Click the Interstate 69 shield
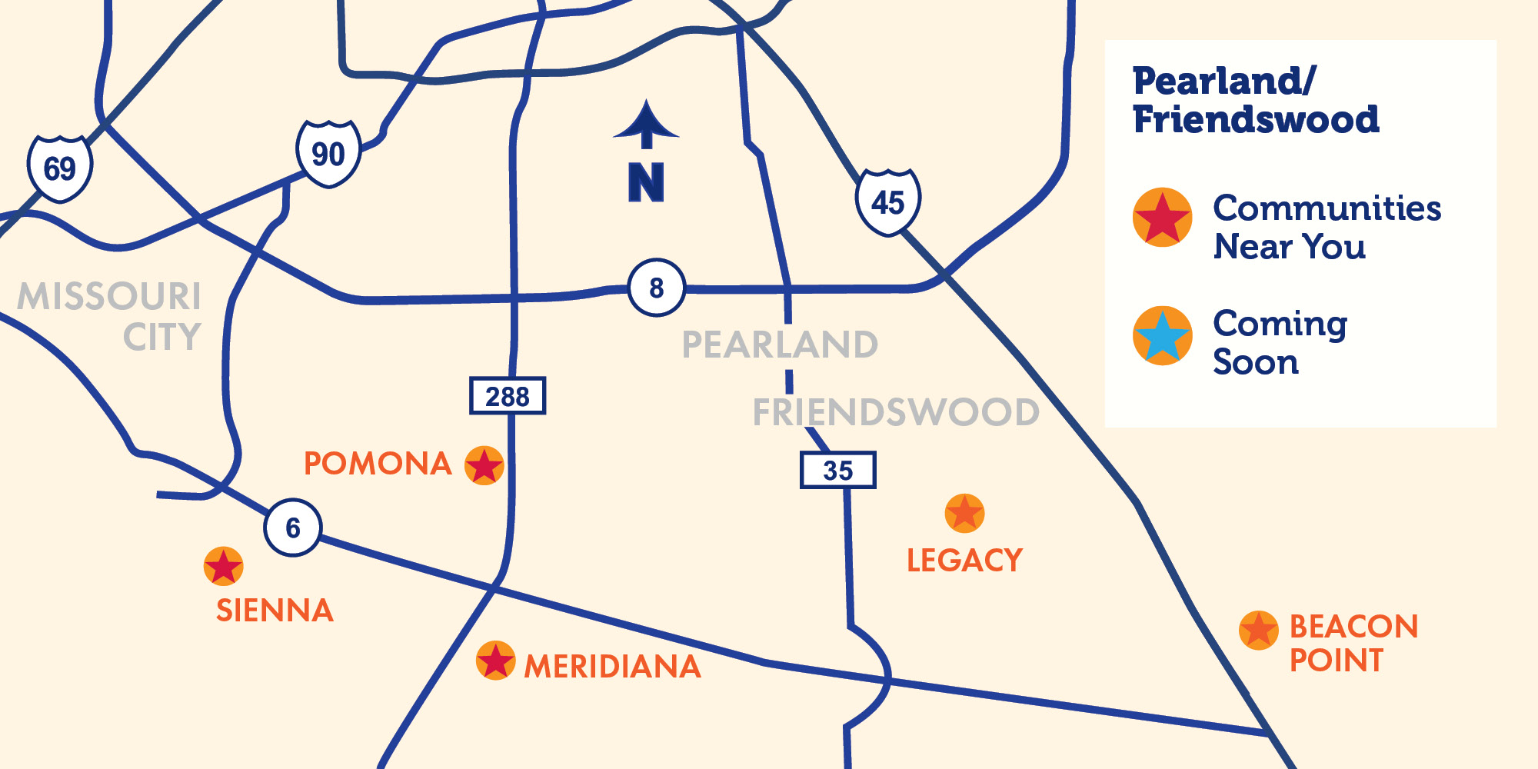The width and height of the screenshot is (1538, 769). pyautogui.click(x=60, y=168)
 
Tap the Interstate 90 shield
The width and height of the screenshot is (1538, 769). pyautogui.click(x=329, y=154)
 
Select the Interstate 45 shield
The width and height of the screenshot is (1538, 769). pyautogui.click(x=888, y=202)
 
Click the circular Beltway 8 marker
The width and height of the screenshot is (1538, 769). pyautogui.click(x=657, y=288)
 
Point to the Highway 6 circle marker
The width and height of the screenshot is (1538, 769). pyautogui.click(x=293, y=528)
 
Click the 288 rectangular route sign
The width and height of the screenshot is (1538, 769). pyautogui.click(x=508, y=396)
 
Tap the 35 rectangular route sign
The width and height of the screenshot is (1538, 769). pyautogui.click(x=838, y=470)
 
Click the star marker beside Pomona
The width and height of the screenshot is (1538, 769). pyautogui.click(x=484, y=465)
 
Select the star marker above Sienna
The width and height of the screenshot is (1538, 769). pyautogui.click(x=224, y=567)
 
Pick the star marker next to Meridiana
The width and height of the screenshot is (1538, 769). pyautogui.click(x=496, y=661)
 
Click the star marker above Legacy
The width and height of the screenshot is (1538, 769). pyautogui.click(x=964, y=513)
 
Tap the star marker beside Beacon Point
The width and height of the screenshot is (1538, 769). pyautogui.click(x=1259, y=631)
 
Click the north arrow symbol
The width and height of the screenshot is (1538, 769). pyautogui.click(x=646, y=127)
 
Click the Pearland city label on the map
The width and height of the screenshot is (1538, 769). pyautogui.click(x=780, y=345)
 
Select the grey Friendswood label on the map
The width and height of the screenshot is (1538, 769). pyautogui.click(x=896, y=412)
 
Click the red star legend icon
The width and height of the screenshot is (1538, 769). pyautogui.click(x=1163, y=218)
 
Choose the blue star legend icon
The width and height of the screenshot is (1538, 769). pyautogui.click(x=1163, y=336)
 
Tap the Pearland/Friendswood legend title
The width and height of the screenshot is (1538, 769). pyautogui.click(x=1255, y=101)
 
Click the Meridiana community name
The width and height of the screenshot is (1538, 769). pyautogui.click(x=613, y=667)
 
